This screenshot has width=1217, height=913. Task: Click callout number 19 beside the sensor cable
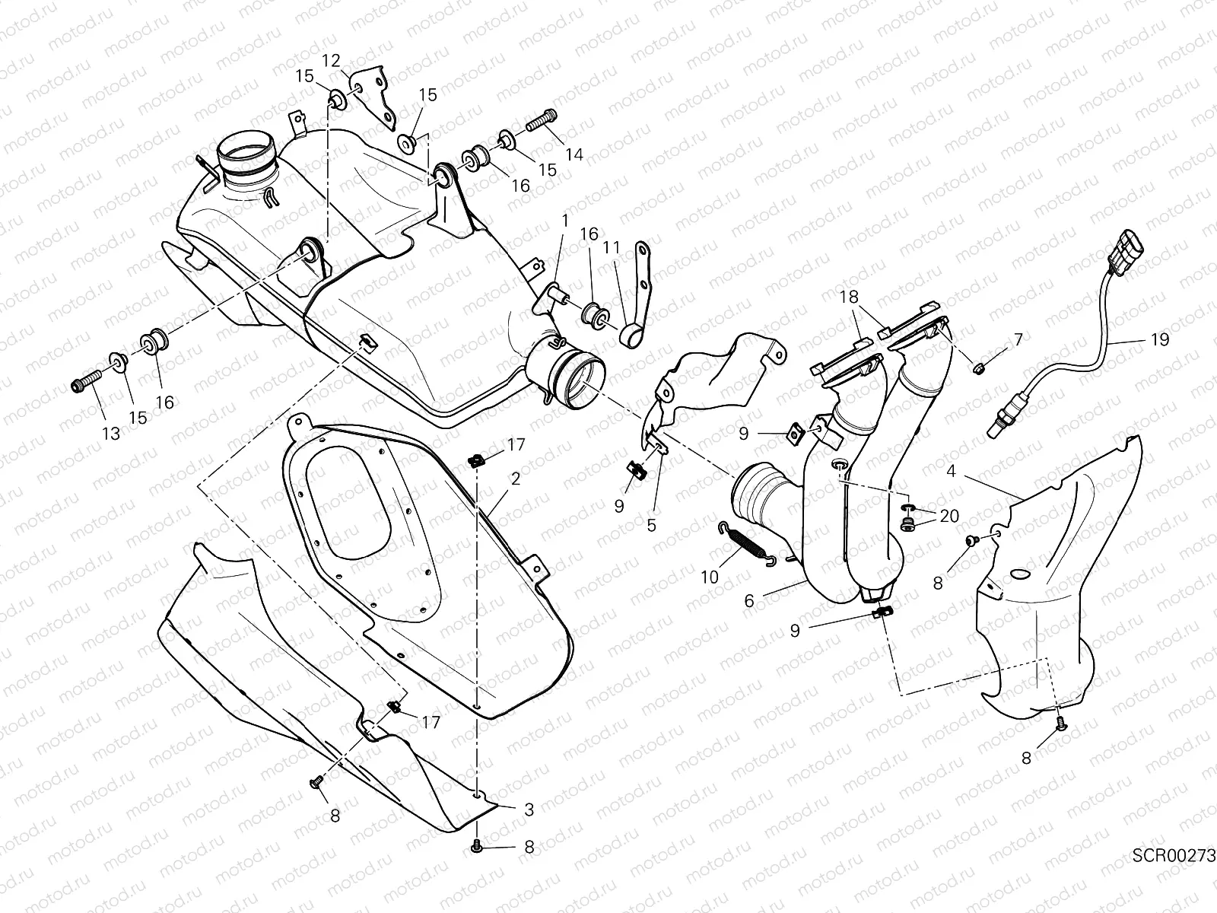[x=1160, y=340]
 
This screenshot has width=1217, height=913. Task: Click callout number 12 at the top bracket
[x=332, y=60]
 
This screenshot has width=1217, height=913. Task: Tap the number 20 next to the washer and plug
[x=948, y=517]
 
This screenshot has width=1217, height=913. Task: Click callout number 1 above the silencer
[x=565, y=220]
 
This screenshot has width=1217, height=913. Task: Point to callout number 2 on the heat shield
[x=516, y=479]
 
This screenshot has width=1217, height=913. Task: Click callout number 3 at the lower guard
[x=529, y=811]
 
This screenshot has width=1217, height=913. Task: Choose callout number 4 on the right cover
[x=951, y=472]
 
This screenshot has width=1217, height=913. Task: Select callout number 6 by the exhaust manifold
[x=749, y=601]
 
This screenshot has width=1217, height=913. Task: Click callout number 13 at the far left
[x=112, y=434]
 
